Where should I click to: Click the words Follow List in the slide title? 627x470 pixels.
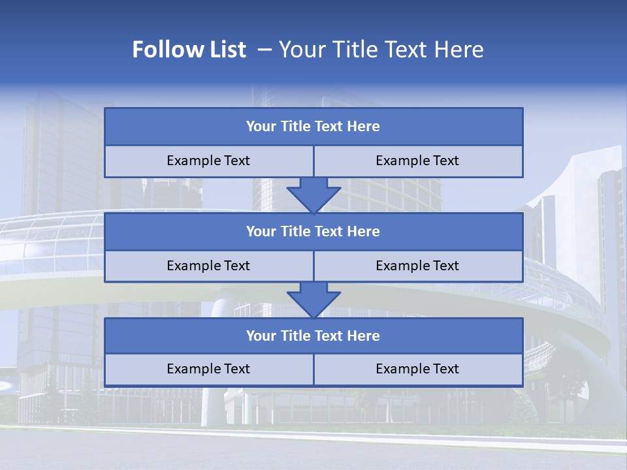pyautogui.click(x=189, y=50)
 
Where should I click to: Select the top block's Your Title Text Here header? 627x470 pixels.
pyautogui.click(x=313, y=127)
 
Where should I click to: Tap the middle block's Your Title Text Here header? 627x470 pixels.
pyautogui.click(x=313, y=231)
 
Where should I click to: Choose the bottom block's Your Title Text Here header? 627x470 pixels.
pyautogui.click(x=313, y=336)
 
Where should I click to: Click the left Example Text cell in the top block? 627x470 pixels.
pyautogui.click(x=208, y=161)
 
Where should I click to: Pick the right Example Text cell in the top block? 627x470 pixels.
pyautogui.click(x=417, y=161)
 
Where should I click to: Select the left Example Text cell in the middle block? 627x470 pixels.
pyautogui.click(x=208, y=266)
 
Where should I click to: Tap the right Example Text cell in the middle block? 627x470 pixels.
pyautogui.click(x=417, y=266)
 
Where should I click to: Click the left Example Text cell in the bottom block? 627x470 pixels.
pyautogui.click(x=208, y=369)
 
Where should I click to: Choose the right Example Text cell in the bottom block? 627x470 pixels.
pyautogui.click(x=417, y=369)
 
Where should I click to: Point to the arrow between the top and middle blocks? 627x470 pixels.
pyautogui.click(x=313, y=195)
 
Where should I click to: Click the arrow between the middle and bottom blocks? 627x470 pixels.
pyautogui.click(x=313, y=300)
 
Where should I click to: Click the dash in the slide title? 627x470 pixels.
pyautogui.click(x=265, y=50)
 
